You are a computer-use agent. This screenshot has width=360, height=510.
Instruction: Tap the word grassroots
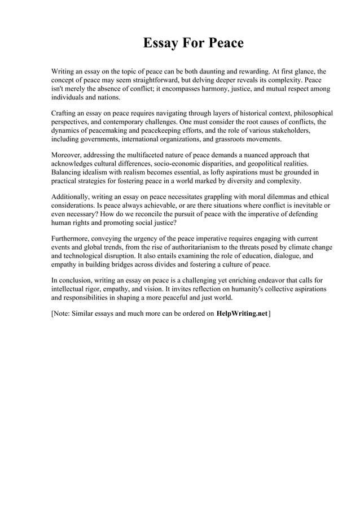click(x=227, y=138)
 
